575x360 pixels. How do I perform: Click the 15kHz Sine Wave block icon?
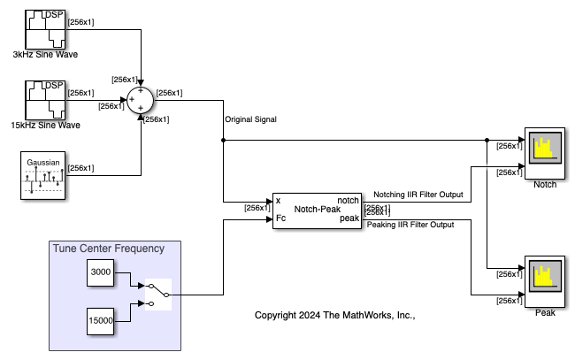click(x=43, y=99)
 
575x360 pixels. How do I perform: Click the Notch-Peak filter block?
click(x=316, y=210)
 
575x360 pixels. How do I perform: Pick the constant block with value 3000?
click(x=102, y=274)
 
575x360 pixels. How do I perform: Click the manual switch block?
click(x=157, y=294)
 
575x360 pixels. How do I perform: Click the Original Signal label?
click(x=251, y=119)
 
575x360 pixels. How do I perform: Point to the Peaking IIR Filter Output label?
click(x=410, y=225)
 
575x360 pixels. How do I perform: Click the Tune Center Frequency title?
click(x=108, y=249)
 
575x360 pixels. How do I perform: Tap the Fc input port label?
click(x=280, y=218)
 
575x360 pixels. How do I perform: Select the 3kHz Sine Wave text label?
click(x=44, y=55)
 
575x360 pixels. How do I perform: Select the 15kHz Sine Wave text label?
click(x=45, y=126)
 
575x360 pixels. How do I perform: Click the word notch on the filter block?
click(x=348, y=202)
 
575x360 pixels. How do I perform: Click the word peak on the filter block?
click(x=349, y=218)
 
